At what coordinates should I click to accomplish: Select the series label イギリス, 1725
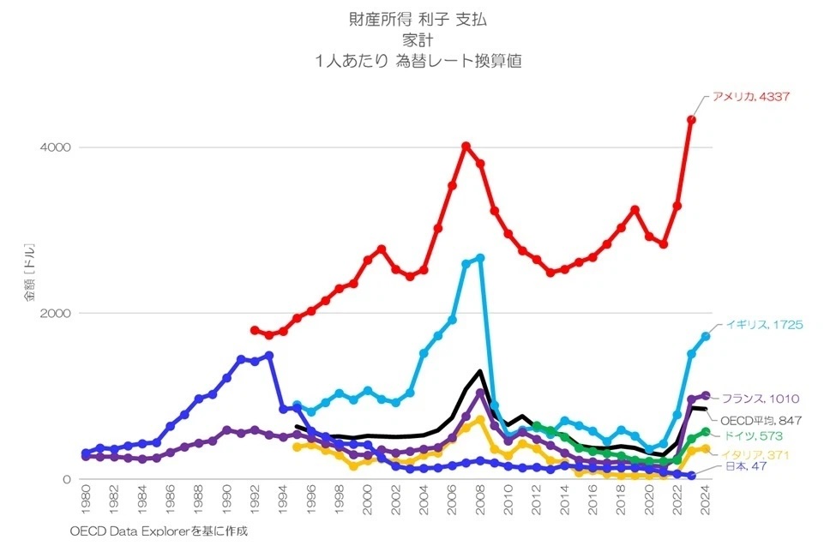[763, 325]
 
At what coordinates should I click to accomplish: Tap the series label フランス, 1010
[761, 399]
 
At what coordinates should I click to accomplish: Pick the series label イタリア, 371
[755, 454]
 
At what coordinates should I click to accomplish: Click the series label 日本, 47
[736, 466]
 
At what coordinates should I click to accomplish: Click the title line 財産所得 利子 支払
[418, 19]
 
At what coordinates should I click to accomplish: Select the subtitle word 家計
[418, 39]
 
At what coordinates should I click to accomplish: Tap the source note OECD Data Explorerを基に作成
[159, 531]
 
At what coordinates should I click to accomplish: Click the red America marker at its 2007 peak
[466, 147]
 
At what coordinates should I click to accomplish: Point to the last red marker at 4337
[691, 120]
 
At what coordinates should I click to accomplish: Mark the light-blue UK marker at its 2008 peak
[480, 257]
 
